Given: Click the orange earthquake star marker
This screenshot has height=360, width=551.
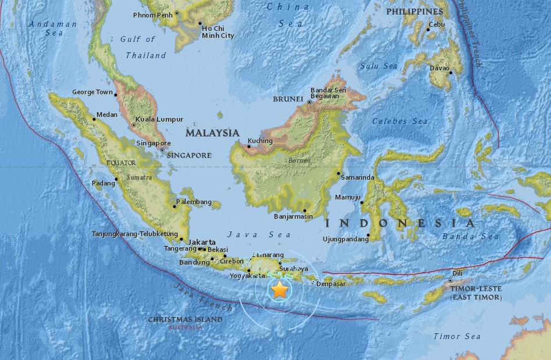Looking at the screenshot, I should (280, 289).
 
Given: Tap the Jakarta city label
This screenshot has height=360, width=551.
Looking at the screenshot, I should (202, 242).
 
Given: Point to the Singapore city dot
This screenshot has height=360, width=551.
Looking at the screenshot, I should (162, 149).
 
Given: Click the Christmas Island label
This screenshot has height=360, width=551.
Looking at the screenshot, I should (185, 319).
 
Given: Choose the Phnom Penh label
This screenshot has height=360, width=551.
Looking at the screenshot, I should (153, 15).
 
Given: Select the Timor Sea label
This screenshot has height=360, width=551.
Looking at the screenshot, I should (457, 336).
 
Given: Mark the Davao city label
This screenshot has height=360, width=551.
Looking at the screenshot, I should (438, 68).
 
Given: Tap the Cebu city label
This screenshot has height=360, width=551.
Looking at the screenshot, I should (436, 24).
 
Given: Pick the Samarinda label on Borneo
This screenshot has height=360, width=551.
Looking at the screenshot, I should (357, 177).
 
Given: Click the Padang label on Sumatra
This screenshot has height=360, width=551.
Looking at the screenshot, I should (104, 184).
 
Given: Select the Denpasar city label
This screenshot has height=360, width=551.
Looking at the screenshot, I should (330, 284).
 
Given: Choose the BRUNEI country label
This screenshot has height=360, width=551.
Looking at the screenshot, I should (288, 99).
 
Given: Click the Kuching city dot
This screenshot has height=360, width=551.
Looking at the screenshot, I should (248, 146).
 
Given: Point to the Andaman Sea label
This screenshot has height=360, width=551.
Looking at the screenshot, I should (53, 28).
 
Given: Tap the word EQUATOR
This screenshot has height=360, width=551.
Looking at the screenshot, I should (121, 163).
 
